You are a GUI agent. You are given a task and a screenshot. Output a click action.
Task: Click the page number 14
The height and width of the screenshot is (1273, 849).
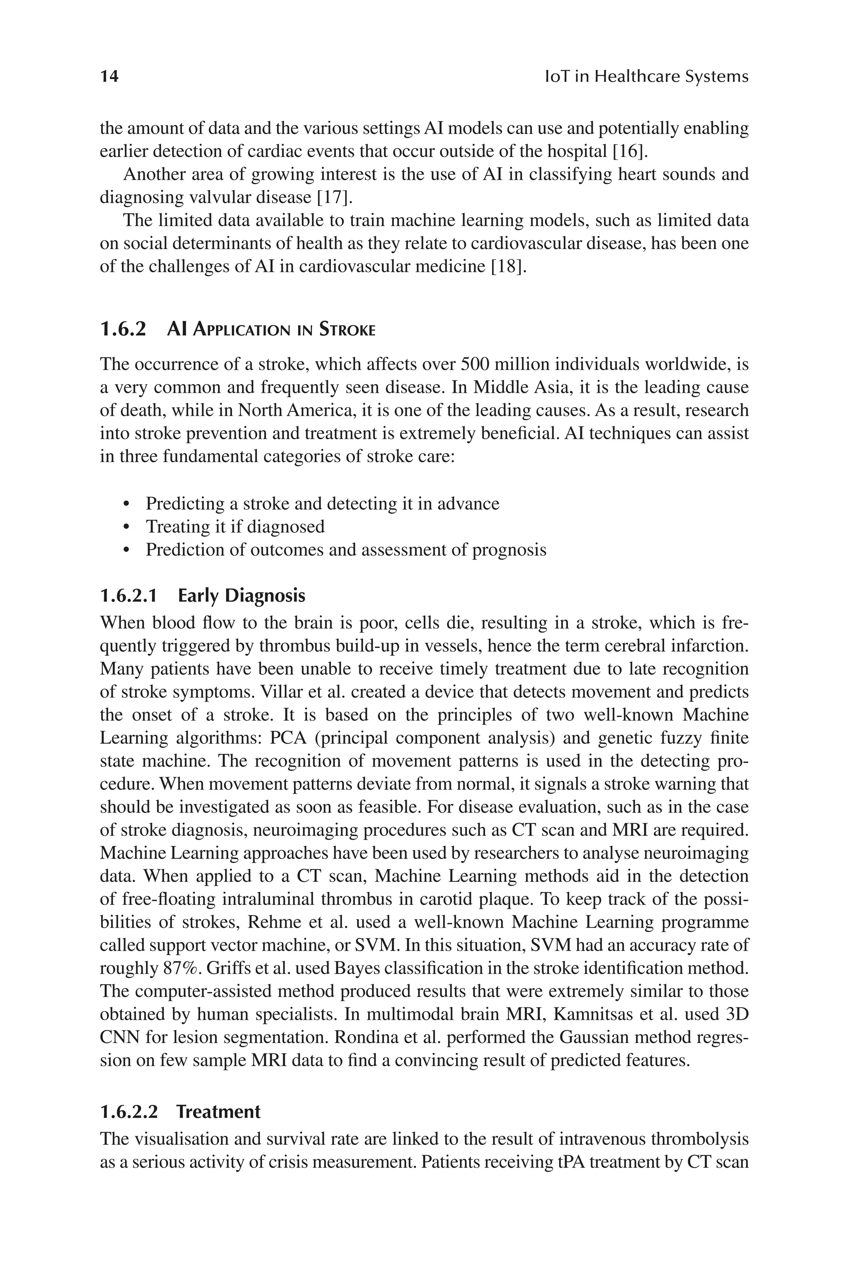pyautogui.click(x=109, y=76)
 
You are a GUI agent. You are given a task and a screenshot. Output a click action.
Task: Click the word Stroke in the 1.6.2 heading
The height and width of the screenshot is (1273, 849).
pyautogui.click(x=347, y=329)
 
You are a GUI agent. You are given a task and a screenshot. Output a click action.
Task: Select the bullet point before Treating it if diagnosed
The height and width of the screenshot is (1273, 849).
pyautogui.click(x=127, y=527)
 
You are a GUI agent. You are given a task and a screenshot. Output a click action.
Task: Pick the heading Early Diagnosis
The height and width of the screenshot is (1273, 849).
pyautogui.click(x=242, y=595)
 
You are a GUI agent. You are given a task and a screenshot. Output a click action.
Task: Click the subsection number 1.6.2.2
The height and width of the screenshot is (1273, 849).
pyautogui.click(x=129, y=1112)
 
